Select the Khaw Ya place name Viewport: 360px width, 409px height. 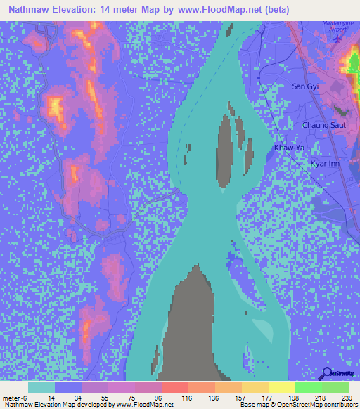(x=289, y=148)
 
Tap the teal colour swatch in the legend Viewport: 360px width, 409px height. (x=41, y=387)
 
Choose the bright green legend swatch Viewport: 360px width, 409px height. (x=308, y=387)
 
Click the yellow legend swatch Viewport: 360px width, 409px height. (x=281, y=387)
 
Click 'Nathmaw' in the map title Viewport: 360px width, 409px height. (x=29, y=8)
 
